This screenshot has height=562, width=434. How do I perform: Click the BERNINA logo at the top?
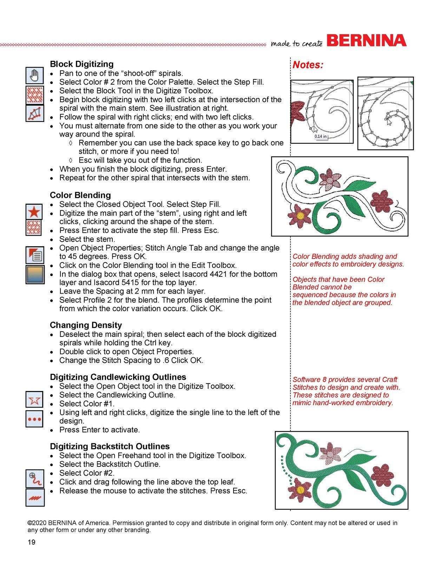(x=366, y=41)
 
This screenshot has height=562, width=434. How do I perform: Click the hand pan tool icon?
(x=35, y=75)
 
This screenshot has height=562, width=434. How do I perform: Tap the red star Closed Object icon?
(x=34, y=212)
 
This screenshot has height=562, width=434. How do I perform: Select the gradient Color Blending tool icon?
(x=35, y=274)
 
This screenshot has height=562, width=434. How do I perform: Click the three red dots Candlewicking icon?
(x=35, y=419)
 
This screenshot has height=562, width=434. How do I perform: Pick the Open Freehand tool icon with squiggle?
(x=35, y=478)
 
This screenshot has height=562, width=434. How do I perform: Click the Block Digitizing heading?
(x=81, y=64)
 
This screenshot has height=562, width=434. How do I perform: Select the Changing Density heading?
(x=86, y=325)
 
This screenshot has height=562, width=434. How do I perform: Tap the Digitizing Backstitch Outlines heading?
(x=110, y=446)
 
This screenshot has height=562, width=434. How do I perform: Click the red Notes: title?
(x=308, y=65)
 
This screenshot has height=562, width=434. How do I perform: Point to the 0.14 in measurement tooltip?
(x=320, y=136)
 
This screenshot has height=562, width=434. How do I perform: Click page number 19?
(x=32, y=542)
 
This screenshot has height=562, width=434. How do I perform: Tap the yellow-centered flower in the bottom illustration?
(x=300, y=490)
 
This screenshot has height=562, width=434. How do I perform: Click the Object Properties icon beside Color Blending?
(x=35, y=255)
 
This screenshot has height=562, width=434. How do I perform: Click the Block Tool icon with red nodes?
(x=35, y=113)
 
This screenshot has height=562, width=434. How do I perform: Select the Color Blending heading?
(x=80, y=195)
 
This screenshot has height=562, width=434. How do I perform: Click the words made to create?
(x=296, y=43)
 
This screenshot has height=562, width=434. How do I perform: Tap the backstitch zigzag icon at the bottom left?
(x=35, y=497)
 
